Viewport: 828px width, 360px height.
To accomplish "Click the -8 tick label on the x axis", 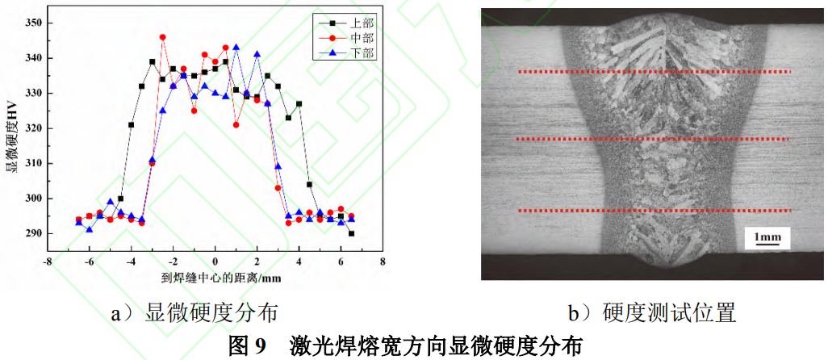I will pos(48,262).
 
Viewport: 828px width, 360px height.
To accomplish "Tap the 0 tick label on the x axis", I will pos(215,262).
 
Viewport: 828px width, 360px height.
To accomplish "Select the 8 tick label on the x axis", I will pos(383,262).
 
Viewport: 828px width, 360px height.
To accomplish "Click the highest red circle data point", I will pos(163,37).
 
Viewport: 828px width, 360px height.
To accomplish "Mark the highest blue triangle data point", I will pos(236,48).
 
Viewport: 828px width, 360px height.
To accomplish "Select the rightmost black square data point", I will pos(351,233).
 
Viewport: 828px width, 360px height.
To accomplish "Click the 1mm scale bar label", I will pos(767,237).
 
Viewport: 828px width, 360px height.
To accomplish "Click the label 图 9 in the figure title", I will pos(247,346).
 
